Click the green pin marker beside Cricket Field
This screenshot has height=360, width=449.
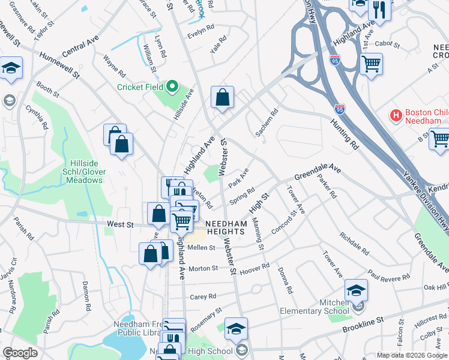172,87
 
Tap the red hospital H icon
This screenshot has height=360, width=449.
396,114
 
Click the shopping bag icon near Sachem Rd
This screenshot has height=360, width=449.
222,97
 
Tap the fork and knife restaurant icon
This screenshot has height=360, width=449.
379,9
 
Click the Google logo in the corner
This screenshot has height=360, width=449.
19,353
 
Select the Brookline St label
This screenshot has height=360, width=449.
363,326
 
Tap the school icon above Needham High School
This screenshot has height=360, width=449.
236,328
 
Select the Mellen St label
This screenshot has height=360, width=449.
201,247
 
